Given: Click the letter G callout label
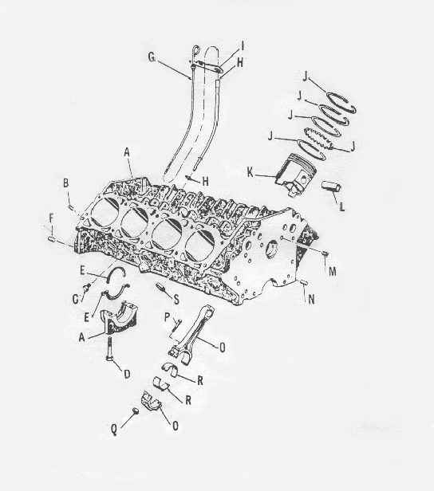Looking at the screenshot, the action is tap(152, 57).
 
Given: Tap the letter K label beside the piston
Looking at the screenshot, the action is tap(250, 172).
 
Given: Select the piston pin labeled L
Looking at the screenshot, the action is tap(332, 188).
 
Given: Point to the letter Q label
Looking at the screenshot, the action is tap(114, 430).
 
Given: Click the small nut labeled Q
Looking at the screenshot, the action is tap(136, 411).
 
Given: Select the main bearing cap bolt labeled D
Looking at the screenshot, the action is tap(110, 349).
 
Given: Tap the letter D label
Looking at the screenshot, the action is tap(127, 374).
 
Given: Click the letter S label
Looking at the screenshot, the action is tap(176, 300).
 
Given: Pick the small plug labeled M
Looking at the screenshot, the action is tap(325, 253).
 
